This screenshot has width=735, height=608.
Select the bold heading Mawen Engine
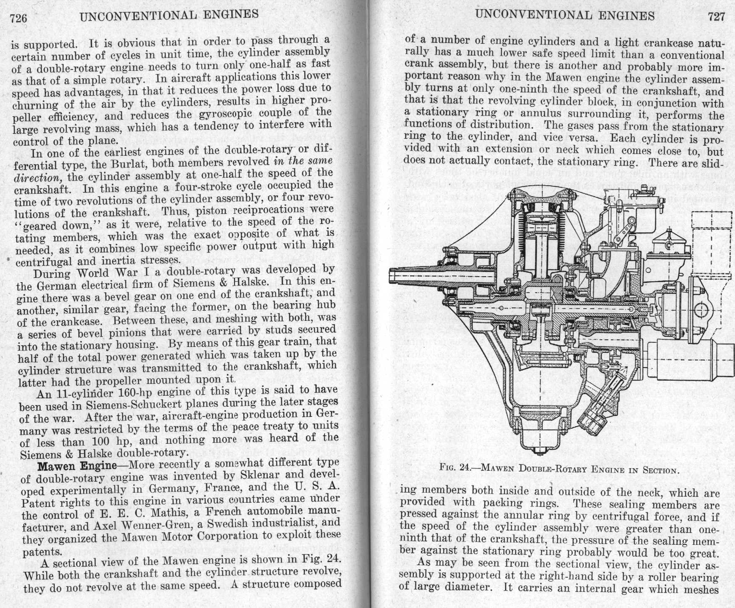pyautogui.click(x=77, y=466)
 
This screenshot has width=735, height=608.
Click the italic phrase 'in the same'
pyautogui.click(x=303, y=160)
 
